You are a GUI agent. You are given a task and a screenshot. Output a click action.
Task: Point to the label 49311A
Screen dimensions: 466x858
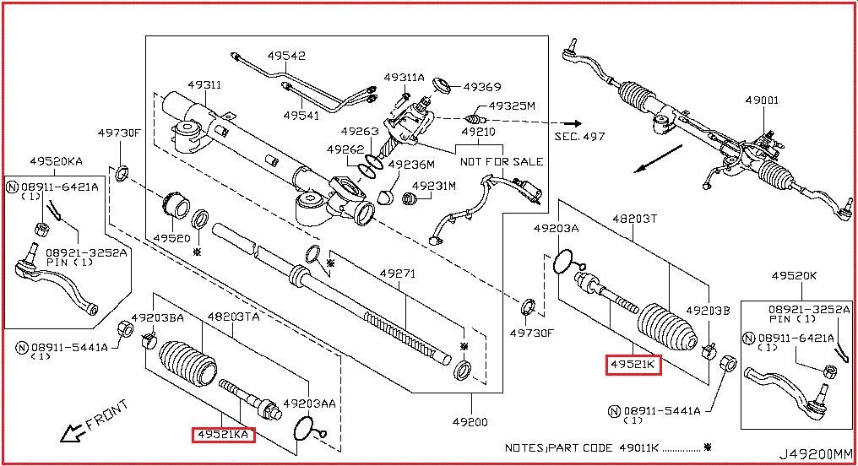[405, 78]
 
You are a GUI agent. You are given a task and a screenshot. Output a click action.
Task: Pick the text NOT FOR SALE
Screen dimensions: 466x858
[501, 161]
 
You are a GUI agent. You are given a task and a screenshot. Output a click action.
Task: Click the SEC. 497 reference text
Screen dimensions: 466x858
[580, 135]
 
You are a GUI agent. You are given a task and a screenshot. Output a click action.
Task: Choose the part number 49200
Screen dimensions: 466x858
[470, 421]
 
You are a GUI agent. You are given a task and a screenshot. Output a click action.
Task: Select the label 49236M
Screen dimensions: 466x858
[411, 165]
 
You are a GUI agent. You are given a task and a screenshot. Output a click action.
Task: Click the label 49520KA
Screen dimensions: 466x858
[56, 160]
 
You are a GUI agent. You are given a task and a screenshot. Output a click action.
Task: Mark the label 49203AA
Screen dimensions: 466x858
[309, 404]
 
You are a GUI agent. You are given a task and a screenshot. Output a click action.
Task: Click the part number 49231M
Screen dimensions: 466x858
[434, 186]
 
